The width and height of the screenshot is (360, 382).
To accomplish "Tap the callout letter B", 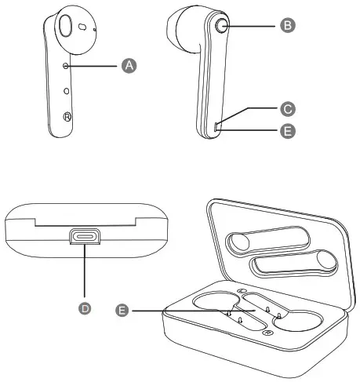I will [x=287, y=25].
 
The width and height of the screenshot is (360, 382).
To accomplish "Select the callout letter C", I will [x=287, y=108].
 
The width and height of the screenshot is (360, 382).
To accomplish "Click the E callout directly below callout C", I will [x=287, y=132].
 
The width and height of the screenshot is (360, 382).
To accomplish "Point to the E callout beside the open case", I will [x=121, y=311].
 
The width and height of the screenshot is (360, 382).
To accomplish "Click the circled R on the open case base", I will [x=269, y=334].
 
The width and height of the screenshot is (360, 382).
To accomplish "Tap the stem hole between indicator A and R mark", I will [x=67, y=90].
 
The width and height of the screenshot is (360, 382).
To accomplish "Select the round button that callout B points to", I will [x=221, y=25].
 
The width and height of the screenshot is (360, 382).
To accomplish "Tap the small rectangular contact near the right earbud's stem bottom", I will [x=216, y=124].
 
